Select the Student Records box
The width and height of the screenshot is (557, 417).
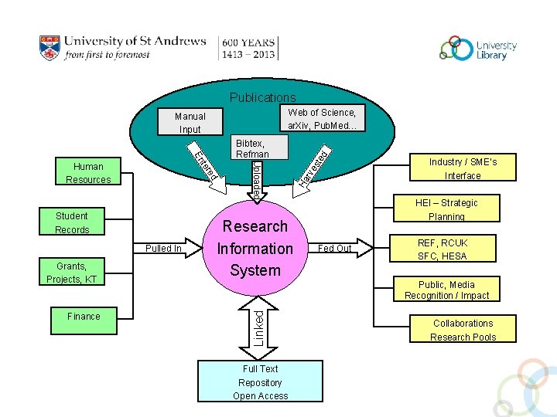(x=72, y=222)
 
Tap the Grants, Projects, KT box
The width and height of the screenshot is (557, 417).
(x=72, y=273)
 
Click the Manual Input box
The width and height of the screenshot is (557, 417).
(x=190, y=123)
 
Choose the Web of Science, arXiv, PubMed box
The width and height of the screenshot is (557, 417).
(x=321, y=118)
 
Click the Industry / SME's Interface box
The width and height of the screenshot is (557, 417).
(x=462, y=168)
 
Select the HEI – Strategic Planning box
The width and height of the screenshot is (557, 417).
(x=446, y=209)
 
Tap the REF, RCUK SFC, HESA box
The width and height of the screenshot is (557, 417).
(x=443, y=249)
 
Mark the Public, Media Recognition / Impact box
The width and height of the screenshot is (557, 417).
(x=446, y=290)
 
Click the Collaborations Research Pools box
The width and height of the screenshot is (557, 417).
(x=463, y=330)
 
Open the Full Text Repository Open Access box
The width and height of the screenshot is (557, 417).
(x=259, y=381)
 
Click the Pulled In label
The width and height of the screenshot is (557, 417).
(x=163, y=249)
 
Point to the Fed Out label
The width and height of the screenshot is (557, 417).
(x=335, y=249)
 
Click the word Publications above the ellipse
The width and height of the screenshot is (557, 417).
(x=262, y=97)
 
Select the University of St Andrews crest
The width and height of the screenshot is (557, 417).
(x=50, y=48)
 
